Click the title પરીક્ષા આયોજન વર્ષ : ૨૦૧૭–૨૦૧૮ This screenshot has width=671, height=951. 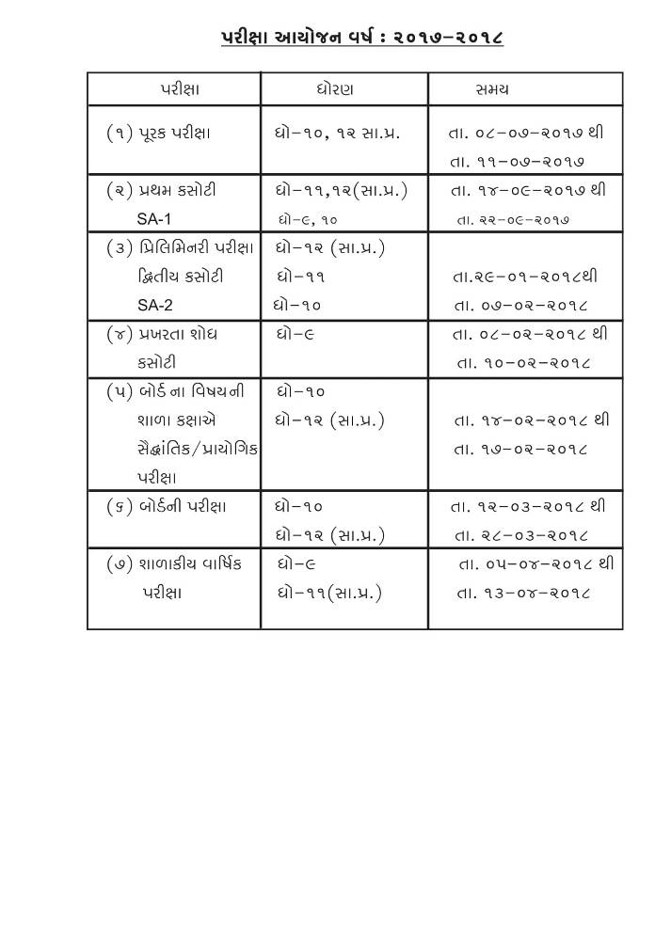point(362,38)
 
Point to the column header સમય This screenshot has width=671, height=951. point(492,89)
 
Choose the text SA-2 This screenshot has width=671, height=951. point(155,305)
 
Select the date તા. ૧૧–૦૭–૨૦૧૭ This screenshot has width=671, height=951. point(519,162)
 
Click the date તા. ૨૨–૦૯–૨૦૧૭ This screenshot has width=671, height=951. point(514,220)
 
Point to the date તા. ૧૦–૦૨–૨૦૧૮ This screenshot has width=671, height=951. point(523,362)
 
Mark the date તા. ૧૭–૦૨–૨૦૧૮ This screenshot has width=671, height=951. point(521,449)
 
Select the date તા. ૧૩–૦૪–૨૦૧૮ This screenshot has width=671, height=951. point(523,593)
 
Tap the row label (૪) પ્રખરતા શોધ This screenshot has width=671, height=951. point(161,334)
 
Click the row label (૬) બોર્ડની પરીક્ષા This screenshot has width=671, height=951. point(167,506)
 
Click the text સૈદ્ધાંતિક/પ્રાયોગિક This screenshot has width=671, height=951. point(198,449)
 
